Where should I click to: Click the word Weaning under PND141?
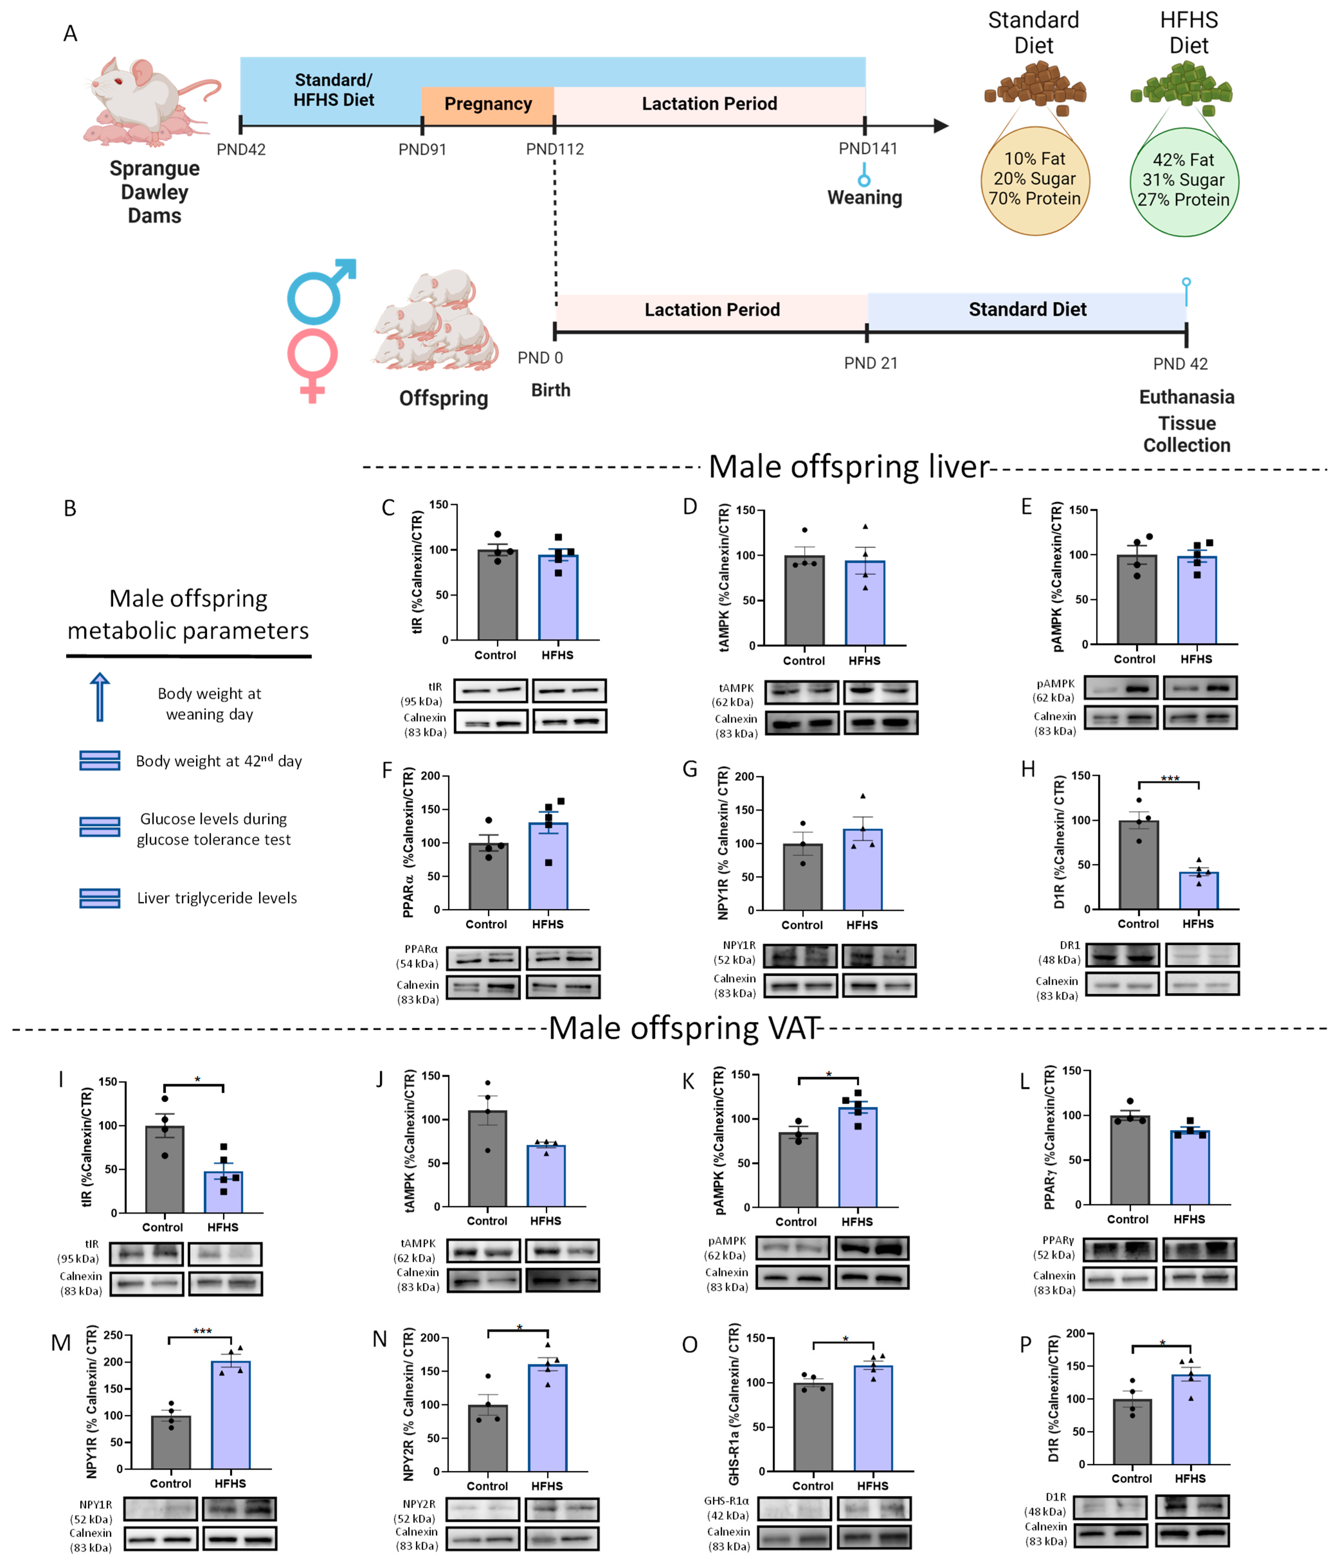[x=865, y=197]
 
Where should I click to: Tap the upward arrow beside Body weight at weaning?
[x=99, y=697]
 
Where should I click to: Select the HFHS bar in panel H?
[x=1198, y=891]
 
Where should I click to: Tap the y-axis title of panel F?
[x=409, y=842]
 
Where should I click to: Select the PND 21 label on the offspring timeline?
[x=871, y=363]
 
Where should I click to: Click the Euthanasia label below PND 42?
[x=1186, y=397]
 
